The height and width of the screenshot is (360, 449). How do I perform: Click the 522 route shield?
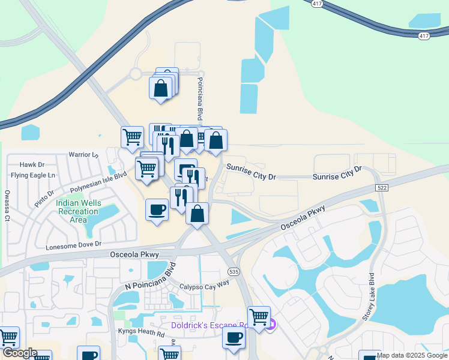(x=382, y=188)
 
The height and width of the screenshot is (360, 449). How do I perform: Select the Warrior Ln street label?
(x=83, y=154)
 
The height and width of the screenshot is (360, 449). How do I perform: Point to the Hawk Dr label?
(x=32, y=164)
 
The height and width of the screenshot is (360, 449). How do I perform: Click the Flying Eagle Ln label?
(x=33, y=175)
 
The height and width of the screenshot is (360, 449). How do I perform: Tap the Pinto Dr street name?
(x=44, y=198)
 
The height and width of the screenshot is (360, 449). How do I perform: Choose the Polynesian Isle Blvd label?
(x=98, y=182)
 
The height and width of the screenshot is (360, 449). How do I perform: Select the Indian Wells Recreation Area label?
(x=79, y=211)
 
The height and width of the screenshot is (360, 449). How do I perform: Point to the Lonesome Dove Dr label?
(x=74, y=245)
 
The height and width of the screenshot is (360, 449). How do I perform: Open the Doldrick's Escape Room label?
(x=201, y=325)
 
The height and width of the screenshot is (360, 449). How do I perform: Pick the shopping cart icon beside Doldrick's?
(x=259, y=317)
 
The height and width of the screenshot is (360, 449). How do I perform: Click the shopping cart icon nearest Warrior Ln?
(x=133, y=137)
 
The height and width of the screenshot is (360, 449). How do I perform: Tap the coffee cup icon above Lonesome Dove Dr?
(x=157, y=210)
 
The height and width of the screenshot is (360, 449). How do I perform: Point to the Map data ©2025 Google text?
(x=411, y=355)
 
